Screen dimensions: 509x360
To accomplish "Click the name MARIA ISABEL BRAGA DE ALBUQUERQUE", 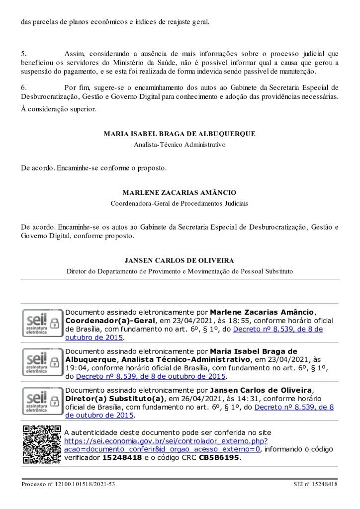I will coord(180,134).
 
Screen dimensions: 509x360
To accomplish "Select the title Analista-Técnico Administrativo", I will coord(180,145).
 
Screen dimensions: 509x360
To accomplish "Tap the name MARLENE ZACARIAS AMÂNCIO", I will coord(180,192).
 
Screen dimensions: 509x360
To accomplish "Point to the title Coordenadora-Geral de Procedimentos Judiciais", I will coord(180,203).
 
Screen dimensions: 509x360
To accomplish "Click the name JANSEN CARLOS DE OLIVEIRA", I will coord(180,260).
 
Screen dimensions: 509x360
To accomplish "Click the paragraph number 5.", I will coord(23,53).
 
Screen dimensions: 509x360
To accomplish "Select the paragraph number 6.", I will coord(23,87).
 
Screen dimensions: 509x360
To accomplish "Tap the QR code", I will coord(42,444).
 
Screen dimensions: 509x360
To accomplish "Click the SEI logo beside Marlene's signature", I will coord(42,323).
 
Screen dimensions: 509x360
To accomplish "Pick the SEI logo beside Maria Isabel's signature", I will coord(42,362).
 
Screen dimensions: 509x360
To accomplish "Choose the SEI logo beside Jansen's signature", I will coord(42,401).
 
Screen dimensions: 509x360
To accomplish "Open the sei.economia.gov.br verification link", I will coord(166,441).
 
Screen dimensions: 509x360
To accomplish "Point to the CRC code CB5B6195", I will coord(219,458).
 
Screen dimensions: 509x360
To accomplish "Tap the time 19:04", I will coord(75,368).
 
